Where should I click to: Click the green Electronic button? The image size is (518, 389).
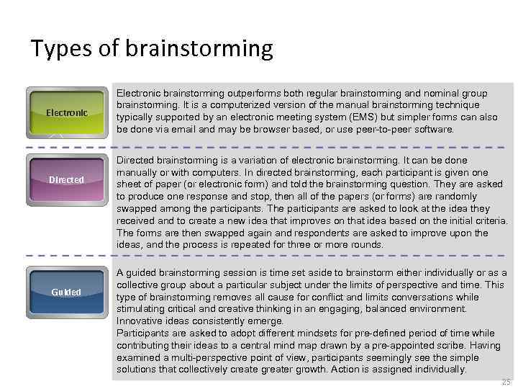[x=66, y=112]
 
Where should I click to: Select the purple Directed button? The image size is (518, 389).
[x=66, y=179]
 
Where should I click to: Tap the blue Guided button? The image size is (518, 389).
[x=66, y=292]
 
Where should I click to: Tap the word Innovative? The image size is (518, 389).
[x=140, y=321]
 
